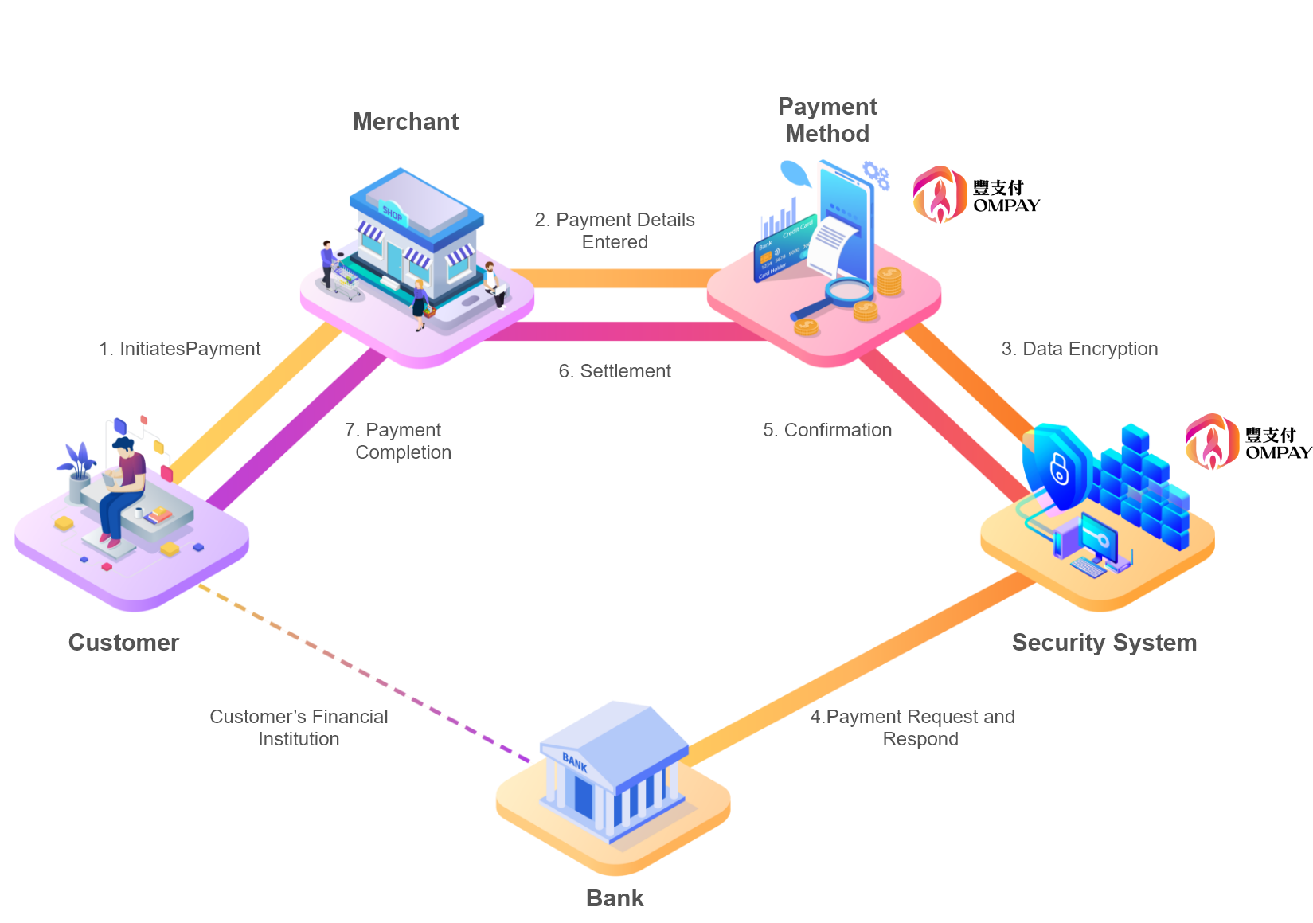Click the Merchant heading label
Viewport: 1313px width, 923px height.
405,122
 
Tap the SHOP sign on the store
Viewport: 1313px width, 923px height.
393,212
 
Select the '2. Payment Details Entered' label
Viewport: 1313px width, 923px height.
615,231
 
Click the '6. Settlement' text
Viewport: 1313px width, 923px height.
615,371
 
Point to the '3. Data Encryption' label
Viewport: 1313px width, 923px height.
1080,349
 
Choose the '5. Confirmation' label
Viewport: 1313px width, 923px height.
827,430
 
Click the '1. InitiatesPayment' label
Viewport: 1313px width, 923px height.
180,349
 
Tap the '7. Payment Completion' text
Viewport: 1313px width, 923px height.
398,441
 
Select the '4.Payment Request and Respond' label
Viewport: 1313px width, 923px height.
913,728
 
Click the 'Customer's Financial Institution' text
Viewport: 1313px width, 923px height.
299,728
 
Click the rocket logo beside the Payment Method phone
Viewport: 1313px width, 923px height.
940,194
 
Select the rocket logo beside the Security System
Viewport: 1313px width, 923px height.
1212,441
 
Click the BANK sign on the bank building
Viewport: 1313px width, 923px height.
575,763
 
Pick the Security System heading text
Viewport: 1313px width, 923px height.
1104,643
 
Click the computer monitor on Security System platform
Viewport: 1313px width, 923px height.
1098,538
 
